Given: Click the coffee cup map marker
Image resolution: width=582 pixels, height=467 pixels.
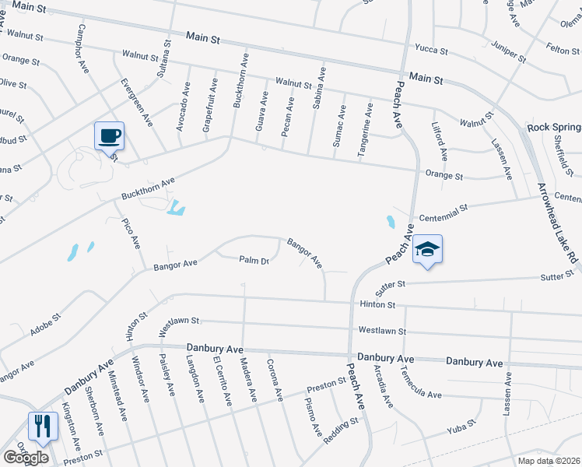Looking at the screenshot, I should pos(109,136).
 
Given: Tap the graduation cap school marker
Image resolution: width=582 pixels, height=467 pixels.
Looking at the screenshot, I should pos(427,249).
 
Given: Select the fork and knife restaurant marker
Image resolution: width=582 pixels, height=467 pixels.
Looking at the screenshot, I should pos(42,426).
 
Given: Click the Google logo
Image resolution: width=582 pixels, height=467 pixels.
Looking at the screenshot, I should pos(26,457).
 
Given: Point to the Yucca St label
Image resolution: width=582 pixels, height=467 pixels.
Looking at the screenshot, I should pos(431,51).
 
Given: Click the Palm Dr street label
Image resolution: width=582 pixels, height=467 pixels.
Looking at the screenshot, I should pos(254,261).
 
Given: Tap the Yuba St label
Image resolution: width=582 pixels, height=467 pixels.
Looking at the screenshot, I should pos(460,430).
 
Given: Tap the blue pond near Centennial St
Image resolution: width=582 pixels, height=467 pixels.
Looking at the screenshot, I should pos(389,223).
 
